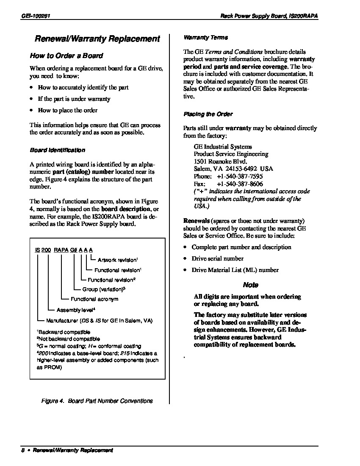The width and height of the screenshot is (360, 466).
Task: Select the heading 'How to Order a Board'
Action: coord(66,55)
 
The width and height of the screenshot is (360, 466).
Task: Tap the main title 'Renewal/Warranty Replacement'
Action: coord(97,39)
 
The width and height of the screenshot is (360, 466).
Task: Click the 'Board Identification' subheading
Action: coord(57,150)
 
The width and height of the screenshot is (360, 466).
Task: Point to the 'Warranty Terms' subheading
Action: coord(205,38)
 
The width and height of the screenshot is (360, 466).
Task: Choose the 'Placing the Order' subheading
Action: coord(208,114)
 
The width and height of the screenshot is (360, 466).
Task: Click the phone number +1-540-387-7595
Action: coord(240,176)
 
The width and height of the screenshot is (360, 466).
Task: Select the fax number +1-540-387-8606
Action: coord(240,184)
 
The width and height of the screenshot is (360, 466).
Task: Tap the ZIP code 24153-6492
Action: coord(242,169)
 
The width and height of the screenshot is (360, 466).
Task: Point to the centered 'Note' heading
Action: coord(251,285)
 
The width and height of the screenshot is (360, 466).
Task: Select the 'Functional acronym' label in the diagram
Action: coord(94,299)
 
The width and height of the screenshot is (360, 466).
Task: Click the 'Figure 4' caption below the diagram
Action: coord(97,401)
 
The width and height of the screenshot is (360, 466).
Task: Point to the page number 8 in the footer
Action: coord(22,450)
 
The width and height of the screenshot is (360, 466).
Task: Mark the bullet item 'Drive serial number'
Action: coord(218,258)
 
